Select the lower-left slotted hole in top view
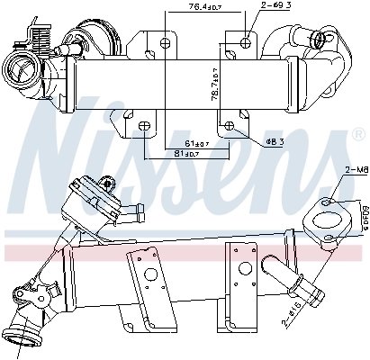[x=145, y=124]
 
